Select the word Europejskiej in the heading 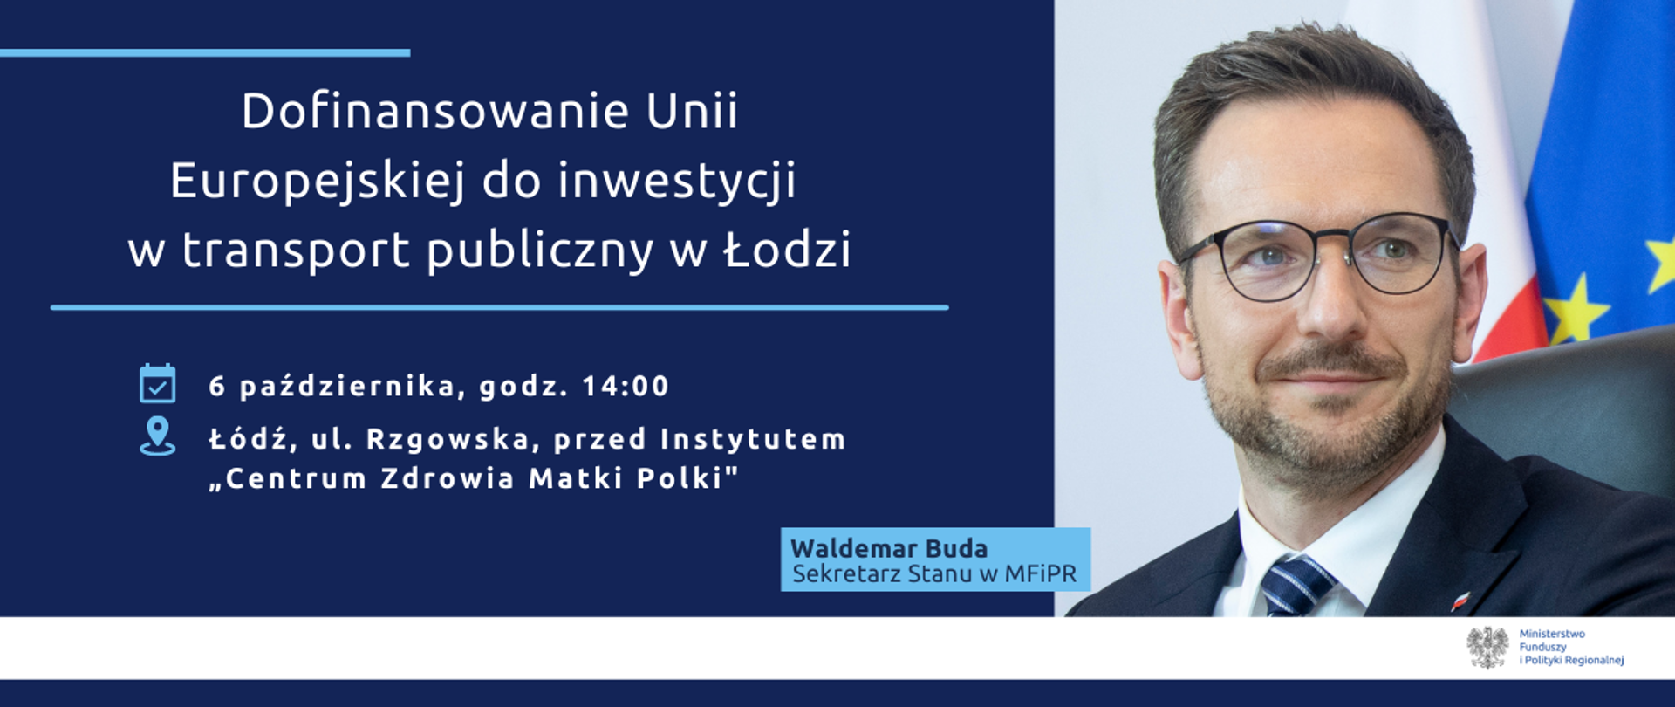[x=316, y=182]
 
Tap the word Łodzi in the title [x=787, y=250]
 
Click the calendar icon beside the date [x=158, y=384]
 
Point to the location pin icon [x=158, y=436]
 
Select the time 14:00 [x=626, y=386]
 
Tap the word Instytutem [x=753, y=439]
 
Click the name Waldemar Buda [x=889, y=549]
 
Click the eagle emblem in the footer [x=1487, y=648]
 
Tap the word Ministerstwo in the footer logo [x=1552, y=634]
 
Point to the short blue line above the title [x=205, y=53]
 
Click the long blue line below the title [x=499, y=307]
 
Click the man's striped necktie [x=1296, y=585]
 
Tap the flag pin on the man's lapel [x=1460, y=601]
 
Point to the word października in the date [x=346, y=386]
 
